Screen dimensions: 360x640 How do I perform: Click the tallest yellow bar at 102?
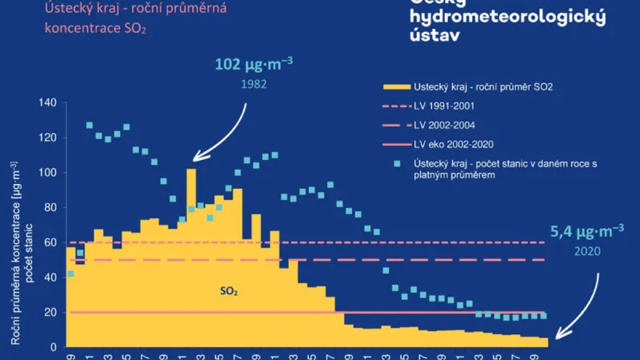pos(191,256)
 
